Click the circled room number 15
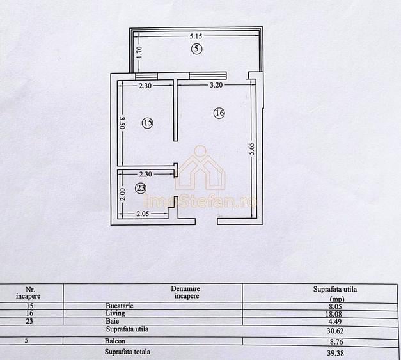tap(148, 123)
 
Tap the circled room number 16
tap(219, 113)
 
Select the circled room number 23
tap(141, 188)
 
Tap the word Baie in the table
tap(113, 322)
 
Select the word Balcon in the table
tap(116, 343)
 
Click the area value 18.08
tap(334, 315)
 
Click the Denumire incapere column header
tap(185, 292)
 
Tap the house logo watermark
tap(201, 169)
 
